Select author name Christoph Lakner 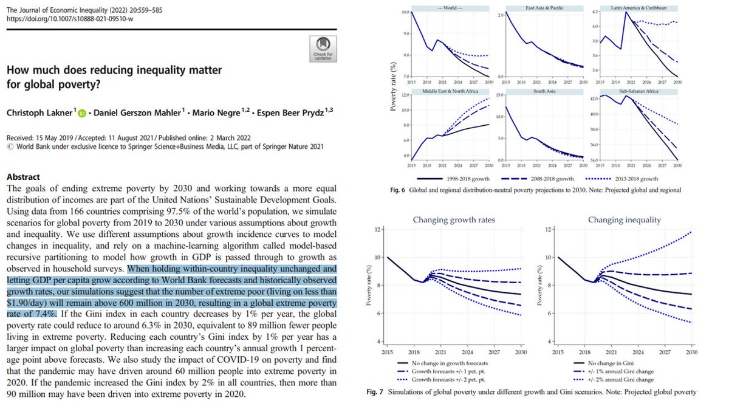39,112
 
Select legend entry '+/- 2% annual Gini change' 609,377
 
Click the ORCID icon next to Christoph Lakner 83,112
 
